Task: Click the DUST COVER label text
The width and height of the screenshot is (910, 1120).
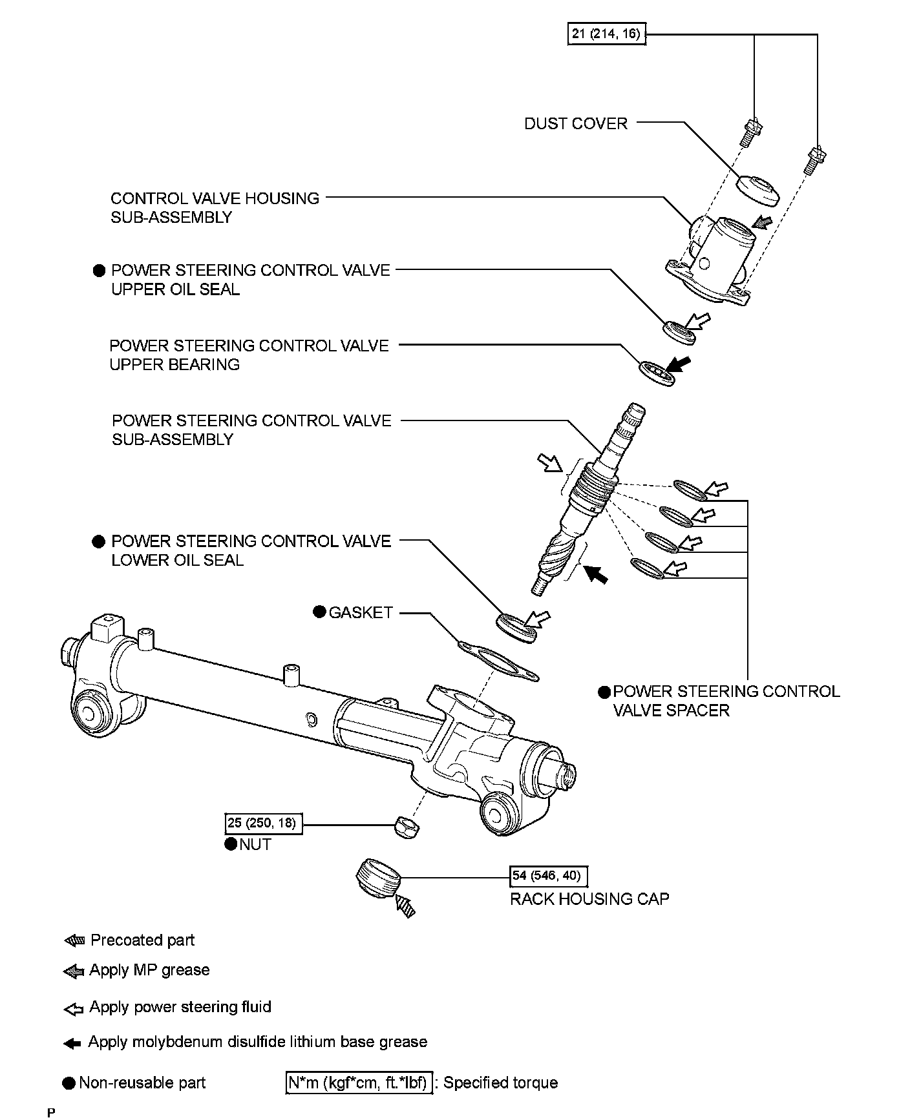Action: pos(576,123)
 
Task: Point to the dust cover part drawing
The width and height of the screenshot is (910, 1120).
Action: pos(758,189)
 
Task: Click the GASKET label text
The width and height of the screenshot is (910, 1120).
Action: pos(361,612)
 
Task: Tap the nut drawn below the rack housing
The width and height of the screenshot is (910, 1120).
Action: pos(405,825)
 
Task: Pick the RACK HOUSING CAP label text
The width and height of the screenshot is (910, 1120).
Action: pos(589,899)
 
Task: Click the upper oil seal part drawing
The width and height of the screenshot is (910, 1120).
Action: pos(679,331)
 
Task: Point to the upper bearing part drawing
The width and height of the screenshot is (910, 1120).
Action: pos(657,373)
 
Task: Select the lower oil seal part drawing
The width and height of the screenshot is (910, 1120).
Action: pos(516,628)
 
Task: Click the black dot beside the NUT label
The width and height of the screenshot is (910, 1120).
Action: pos(231,844)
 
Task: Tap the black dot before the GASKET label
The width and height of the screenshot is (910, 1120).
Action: pos(319,611)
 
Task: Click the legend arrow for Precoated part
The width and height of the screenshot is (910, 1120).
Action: pos(74,941)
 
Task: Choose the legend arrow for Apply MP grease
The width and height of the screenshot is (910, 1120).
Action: pos(74,971)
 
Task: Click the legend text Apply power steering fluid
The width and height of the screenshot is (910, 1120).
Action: pos(180,1007)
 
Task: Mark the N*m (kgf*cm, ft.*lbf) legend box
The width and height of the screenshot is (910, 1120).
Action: pos(358,1083)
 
